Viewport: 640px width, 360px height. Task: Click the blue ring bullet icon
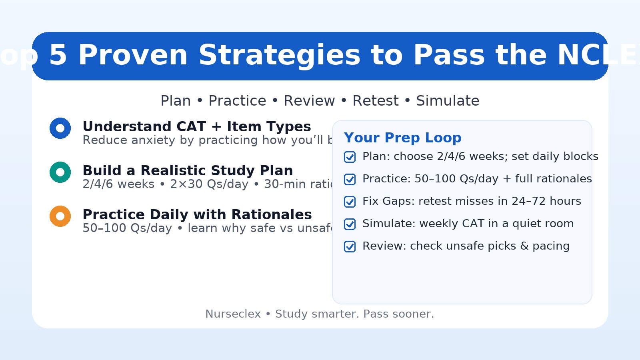coord(60,128)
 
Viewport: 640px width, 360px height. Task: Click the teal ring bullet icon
coord(60,172)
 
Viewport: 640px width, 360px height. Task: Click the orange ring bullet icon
coord(60,216)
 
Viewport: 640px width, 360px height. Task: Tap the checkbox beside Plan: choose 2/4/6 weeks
coord(350,157)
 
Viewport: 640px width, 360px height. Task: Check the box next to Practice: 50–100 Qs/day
coord(350,179)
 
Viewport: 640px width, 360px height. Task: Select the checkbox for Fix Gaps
coord(350,202)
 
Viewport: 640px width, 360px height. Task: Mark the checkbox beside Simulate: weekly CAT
coord(350,224)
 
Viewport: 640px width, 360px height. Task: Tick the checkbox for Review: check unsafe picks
coord(350,246)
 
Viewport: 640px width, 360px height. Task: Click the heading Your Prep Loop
coord(402,138)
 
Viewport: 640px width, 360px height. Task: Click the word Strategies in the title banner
coord(279,56)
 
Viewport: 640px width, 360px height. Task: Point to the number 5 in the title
coord(58,56)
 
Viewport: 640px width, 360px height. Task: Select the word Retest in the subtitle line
coord(375,101)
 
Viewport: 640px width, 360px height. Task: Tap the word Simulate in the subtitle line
coord(447,101)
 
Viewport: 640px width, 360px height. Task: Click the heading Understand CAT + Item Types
coord(196,126)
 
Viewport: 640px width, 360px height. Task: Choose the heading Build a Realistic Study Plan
coord(188,170)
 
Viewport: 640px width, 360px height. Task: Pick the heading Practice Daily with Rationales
coord(197,214)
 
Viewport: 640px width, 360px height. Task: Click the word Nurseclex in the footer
coord(233,314)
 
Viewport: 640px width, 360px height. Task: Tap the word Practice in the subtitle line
coord(237,101)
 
